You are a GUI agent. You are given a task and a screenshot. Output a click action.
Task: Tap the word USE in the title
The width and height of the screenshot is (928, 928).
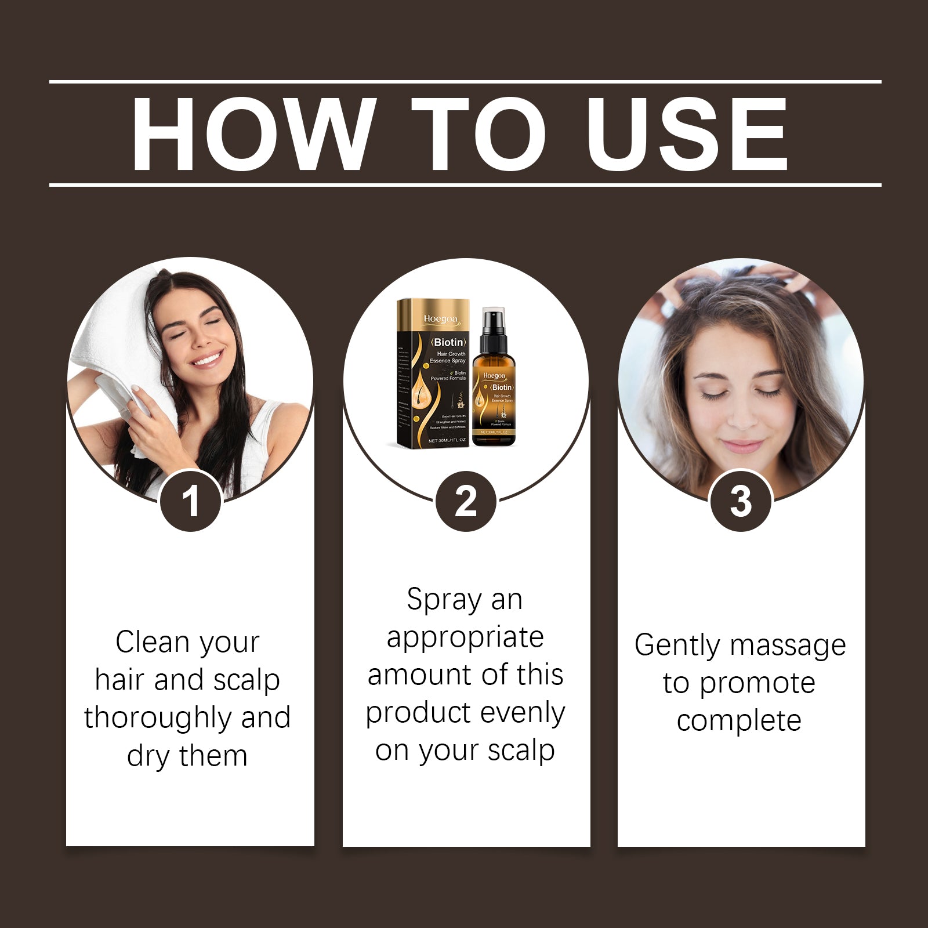point(687,134)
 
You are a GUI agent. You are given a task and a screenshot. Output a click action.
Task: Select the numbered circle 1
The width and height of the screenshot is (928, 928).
point(190,501)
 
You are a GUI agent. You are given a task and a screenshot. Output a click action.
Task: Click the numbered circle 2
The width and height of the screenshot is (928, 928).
point(466,501)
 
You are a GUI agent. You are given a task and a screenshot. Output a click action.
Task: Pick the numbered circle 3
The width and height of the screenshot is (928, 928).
point(741,501)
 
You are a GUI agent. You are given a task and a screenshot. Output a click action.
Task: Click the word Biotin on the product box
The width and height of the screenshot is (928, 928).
point(448,342)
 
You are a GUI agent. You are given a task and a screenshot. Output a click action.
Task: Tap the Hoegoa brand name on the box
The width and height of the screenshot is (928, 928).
point(441,318)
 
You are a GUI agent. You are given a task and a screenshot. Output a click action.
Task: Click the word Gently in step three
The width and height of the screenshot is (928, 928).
point(676,646)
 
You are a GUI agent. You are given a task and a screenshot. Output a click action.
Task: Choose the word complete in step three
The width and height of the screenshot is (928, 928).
point(739,721)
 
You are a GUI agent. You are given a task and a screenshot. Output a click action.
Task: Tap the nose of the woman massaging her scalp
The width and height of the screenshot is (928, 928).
point(741,418)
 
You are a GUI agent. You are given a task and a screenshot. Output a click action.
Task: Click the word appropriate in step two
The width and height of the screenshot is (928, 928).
point(465,637)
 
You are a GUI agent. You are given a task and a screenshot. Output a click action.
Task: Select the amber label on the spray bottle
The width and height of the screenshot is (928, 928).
point(494,400)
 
